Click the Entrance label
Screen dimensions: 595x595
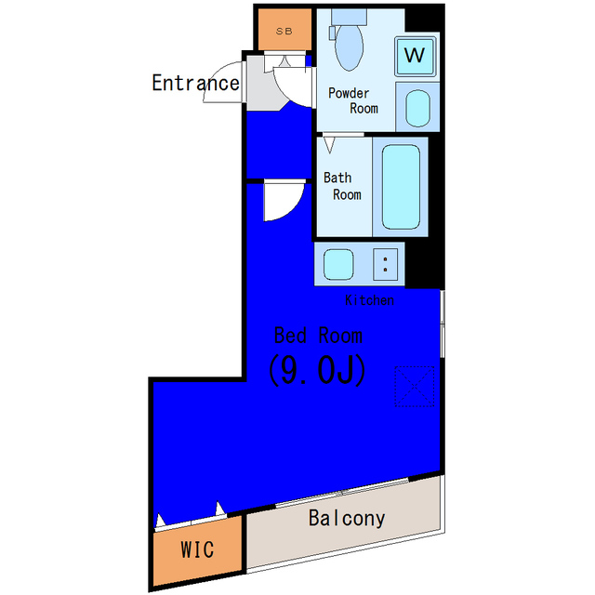tap(196, 83)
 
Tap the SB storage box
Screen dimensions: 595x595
tap(284, 30)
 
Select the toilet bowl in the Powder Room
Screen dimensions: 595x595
tap(350, 47)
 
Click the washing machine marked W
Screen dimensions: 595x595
tap(415, 56)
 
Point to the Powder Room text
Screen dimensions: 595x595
tap(353, 100)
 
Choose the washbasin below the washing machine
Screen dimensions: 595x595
tap(417, 108)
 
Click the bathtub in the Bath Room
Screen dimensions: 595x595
tap(401, 187)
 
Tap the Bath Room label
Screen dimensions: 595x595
tap(342, 186)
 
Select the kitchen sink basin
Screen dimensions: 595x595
tap(338, 264)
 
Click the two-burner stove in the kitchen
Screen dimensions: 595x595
tap(385, 264)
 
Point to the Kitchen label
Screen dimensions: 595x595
tap(369, 300)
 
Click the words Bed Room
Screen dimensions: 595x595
tap(318, 336)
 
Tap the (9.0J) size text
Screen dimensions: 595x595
tap(317, 370)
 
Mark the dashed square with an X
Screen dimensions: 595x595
tap(415, 387)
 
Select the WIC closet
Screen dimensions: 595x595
tap(197, 550)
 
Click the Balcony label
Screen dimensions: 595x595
tap(347, 519)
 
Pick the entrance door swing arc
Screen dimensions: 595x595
tap(215, 73)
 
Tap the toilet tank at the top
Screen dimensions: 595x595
tap(350, 17)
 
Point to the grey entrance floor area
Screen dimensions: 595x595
tap(262, 89)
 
